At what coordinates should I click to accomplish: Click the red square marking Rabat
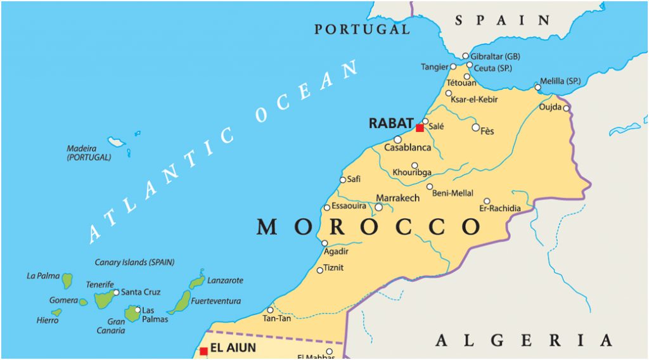420,128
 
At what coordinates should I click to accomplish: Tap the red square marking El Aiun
203,351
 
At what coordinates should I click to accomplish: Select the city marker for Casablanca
397,139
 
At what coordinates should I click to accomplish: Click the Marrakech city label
397,198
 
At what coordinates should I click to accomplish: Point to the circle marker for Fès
476,127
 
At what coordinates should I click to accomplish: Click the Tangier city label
434,67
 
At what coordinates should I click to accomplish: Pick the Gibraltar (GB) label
495,56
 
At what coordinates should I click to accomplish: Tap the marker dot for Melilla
537,87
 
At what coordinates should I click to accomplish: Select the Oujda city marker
566,108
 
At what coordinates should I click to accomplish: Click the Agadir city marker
324,243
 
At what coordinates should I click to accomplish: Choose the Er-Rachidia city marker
487,201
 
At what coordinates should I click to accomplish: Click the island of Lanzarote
197,280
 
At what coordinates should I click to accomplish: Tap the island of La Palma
67,280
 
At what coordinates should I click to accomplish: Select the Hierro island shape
57,312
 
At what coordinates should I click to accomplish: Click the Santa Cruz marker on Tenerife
115,292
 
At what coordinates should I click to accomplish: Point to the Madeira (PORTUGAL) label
89,153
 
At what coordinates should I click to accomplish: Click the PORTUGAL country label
362,29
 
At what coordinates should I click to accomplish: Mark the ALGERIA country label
523,341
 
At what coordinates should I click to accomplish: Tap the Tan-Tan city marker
270,310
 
